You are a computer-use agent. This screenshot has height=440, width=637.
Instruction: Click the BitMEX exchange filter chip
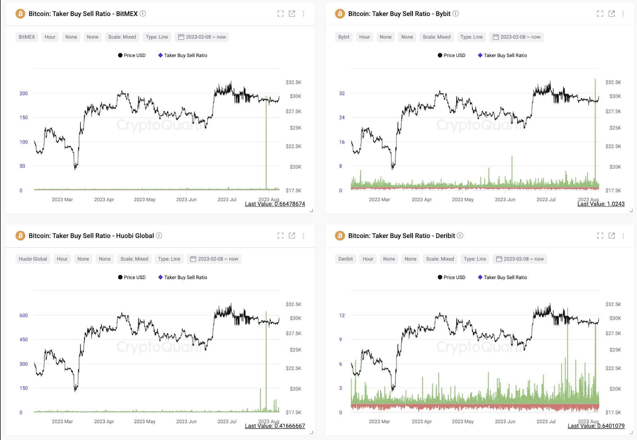[27, 37]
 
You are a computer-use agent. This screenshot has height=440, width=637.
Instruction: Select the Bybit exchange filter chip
[344, 37]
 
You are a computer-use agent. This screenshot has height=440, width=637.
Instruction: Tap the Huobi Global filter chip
[33, 259]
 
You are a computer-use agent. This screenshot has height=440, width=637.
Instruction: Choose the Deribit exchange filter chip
[345, 259]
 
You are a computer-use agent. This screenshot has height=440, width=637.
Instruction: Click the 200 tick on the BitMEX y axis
[24, 94]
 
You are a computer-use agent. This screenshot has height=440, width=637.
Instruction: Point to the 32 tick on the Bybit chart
[342, 94]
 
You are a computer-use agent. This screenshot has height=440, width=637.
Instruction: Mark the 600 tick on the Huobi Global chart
[24, 315]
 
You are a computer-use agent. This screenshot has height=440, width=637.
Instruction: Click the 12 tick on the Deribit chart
[342, 315]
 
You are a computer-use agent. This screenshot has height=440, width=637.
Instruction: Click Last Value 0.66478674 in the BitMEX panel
[275, 204]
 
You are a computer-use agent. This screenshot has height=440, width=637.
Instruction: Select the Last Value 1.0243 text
[601, 204]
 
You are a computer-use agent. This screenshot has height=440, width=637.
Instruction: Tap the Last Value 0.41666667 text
[275, 426]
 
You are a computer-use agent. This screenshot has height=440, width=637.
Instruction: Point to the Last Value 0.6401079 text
[596, 426]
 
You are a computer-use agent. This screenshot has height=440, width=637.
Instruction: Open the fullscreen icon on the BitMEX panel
[280, 14]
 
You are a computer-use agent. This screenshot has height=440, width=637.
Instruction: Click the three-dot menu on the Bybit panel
[623, 14]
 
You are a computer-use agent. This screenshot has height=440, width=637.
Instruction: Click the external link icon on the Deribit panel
[612, 235]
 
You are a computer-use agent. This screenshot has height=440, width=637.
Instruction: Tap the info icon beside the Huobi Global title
[159, 235]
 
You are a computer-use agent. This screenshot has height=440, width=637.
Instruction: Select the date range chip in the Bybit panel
[516, 37]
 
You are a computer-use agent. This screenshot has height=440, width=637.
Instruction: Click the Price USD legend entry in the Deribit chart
[451, 277]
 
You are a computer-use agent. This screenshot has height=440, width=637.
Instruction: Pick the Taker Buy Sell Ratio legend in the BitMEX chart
[183, 55]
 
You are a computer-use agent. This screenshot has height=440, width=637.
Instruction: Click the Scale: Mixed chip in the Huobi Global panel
[134, 259]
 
